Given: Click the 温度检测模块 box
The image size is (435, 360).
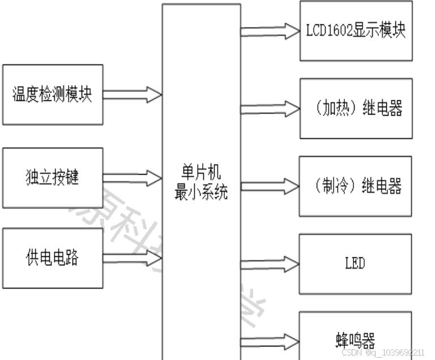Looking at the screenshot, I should pyautogui.click(x=53, y=95).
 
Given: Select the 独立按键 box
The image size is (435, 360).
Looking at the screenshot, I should pyautogui.click(x=53, y=177).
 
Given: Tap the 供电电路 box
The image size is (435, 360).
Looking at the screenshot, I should pyautogui.click(x=53, y=258).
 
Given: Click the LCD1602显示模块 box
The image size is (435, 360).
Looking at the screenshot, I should pyautogui.click(x=356, y=31).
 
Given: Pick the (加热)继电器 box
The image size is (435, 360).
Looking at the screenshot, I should pyautogui.click(x=356, y=108).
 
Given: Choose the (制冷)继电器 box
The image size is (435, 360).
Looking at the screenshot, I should pyautogui.click(x=356, y=186).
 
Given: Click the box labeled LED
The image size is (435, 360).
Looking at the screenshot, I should pyautogui.click(x=355, y=264).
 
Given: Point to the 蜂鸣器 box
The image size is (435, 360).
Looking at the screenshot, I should pyautogui.click(x=355, y=341).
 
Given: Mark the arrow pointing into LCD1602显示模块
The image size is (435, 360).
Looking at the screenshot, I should pyautogui.click(x=270, y=31).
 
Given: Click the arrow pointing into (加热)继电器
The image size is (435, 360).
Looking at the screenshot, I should pyautogui.click(x=270, y=108).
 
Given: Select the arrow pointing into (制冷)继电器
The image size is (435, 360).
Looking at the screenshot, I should pyautogui.click(x=270, y=186).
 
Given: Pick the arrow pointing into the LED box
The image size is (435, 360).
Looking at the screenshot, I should pyautogui.click(x=270, y=264).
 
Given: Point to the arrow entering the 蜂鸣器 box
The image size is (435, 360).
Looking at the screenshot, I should pyautogui.click(x=270, y=341).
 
